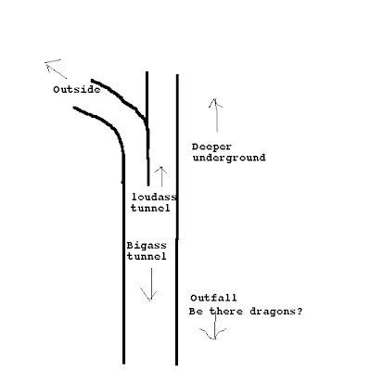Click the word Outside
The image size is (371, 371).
(x=77, y=90)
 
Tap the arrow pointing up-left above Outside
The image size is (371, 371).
(x=56, y=69)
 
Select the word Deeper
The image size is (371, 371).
(x=211, y=147)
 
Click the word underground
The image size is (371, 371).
(x=229, y=158)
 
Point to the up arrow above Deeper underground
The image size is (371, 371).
(x=216, y=115)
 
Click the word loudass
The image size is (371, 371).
(x=154, y=197)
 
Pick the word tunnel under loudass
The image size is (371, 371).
(x=150, y=208)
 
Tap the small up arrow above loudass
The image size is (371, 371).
(x=161, y=176)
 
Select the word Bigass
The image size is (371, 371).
(x=147, y=246)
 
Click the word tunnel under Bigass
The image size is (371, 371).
(x=147, y=256)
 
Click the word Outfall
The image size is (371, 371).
(x=213, y=298)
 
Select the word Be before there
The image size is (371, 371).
(x=196, y=312)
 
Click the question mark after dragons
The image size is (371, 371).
(x=299, y=312)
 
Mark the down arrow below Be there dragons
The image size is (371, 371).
(x=214, y=327)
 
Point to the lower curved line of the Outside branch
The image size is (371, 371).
(x=109, y=124)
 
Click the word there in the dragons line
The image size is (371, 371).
(x=226, y=312)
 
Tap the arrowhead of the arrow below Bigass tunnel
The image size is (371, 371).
(x=150, y=300)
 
